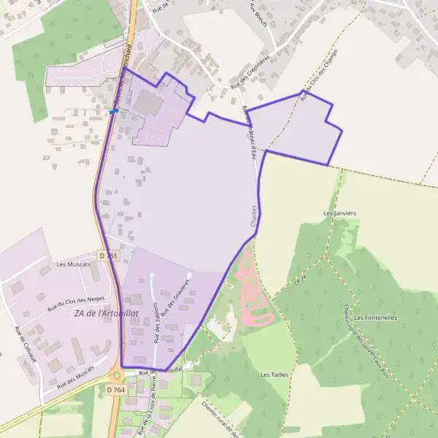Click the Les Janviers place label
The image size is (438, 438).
pos(339,213)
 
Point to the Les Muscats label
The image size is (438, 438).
pos(73,264)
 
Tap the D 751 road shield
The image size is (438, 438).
pos(108,255)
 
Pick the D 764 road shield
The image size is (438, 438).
pos(115,391)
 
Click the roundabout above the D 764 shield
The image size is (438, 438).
pos(116,376)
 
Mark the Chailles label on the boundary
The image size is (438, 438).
pos(254,215)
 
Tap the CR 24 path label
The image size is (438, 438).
pos(299,280)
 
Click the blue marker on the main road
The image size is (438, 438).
pos(115,111)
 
